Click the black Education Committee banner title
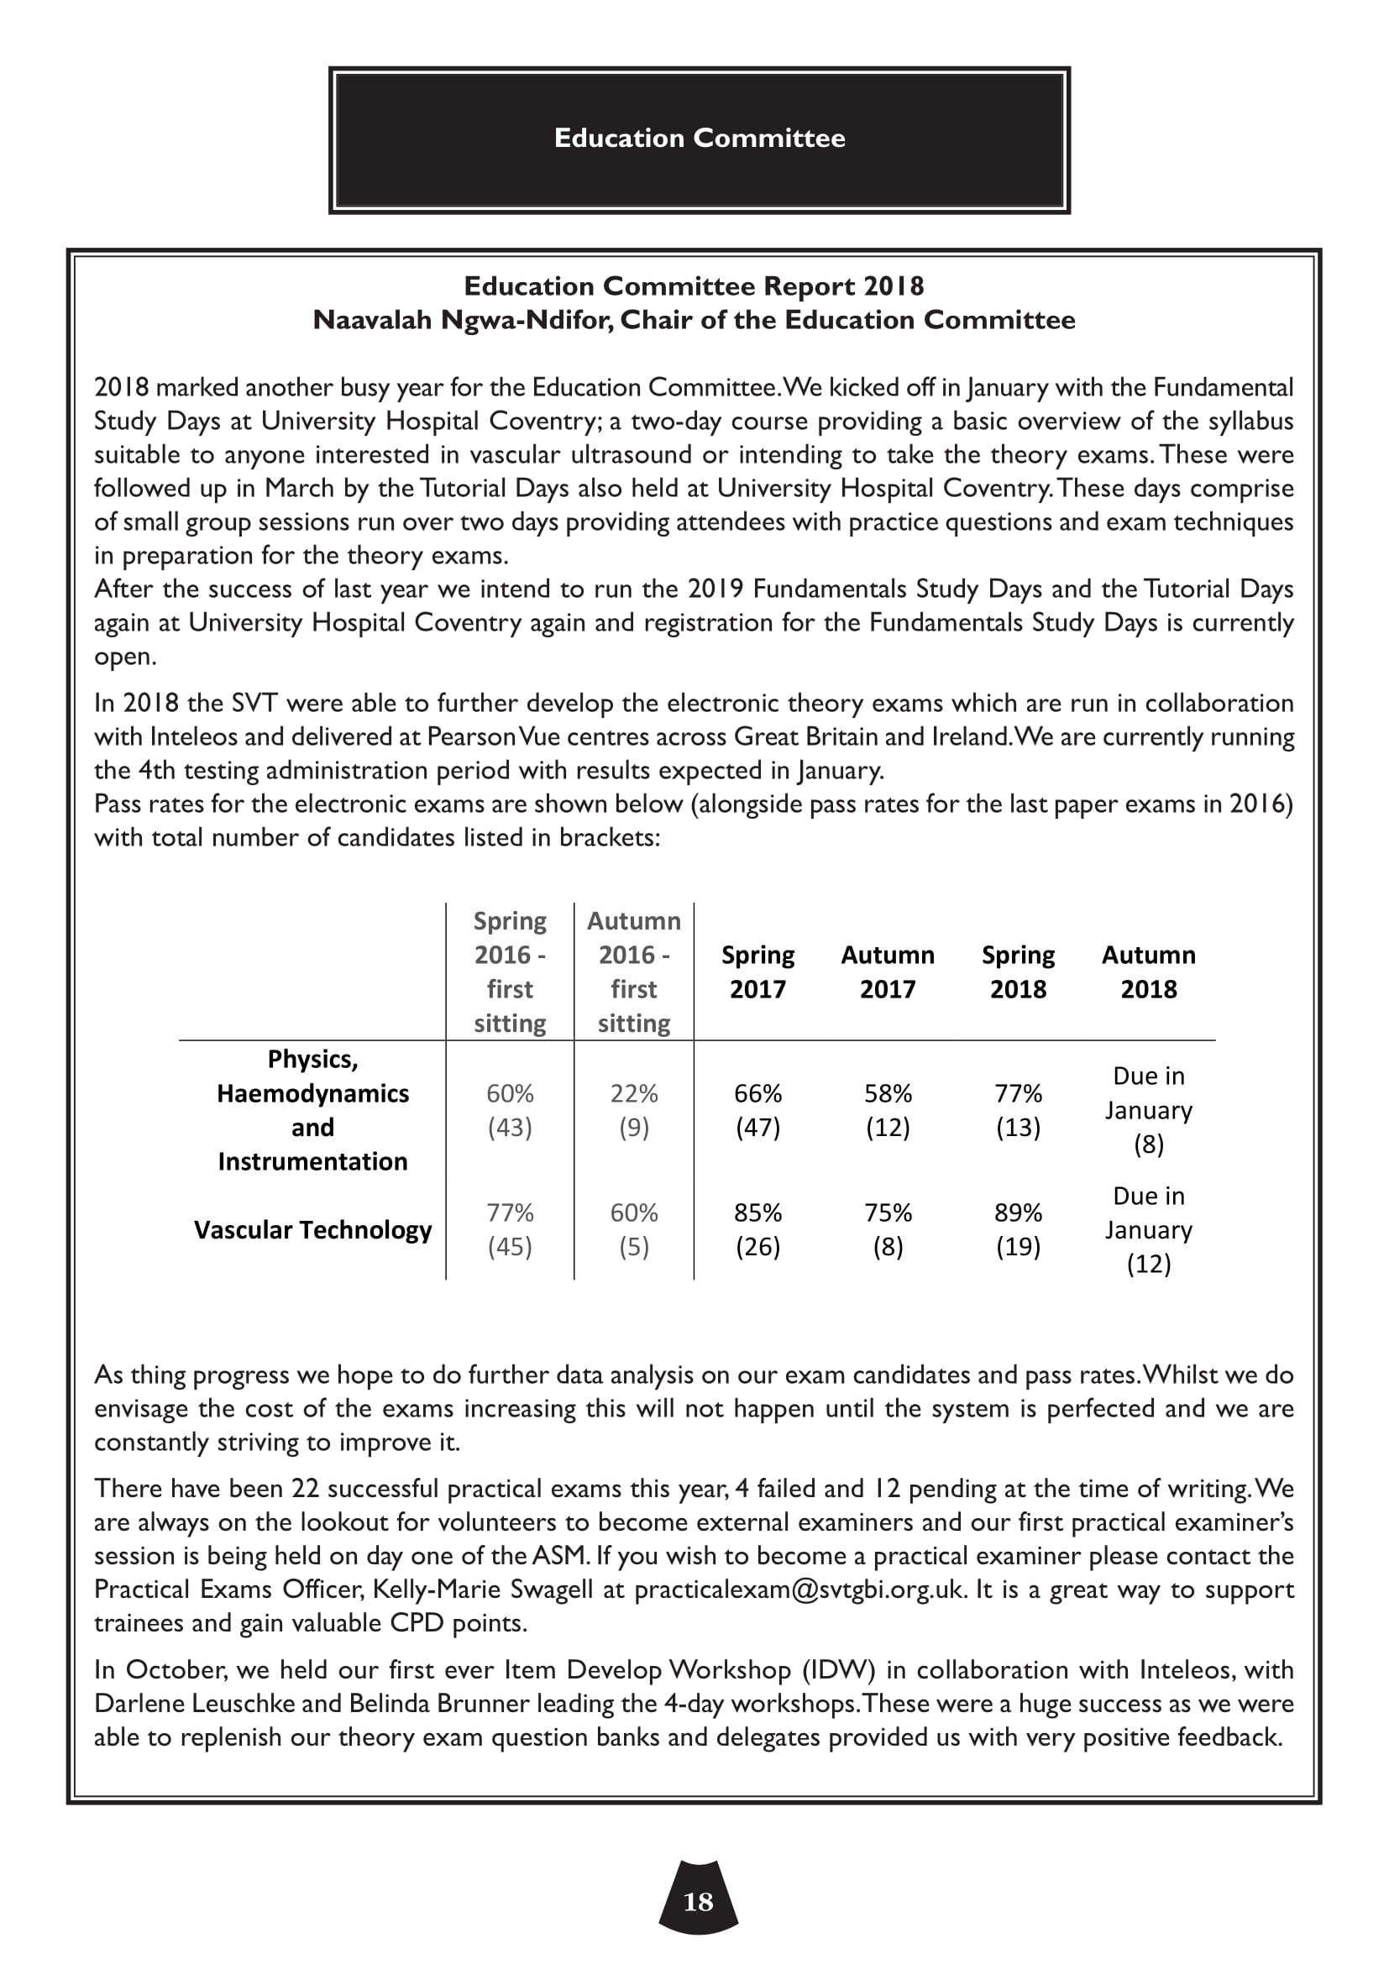tap(699, 139)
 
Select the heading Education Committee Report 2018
tap(694, 285)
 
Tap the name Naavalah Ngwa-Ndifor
tap(461, 320)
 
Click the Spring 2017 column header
tap(757, 972)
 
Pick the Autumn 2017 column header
tap(887, 972)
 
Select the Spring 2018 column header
tap(1018, 972)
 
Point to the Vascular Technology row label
tap(313, 1230)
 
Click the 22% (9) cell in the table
tap(634, 1110)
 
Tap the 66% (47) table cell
tap(757, 1110)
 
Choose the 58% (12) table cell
tap(888, 1110)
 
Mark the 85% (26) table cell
tap(757, 1230)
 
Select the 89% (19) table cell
tap(1018, 1230)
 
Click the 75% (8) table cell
tap(888, 1230)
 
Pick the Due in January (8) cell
tap(1148, 1110)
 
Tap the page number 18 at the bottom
tap(698, 1902)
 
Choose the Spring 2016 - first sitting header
tap(510, 972)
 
